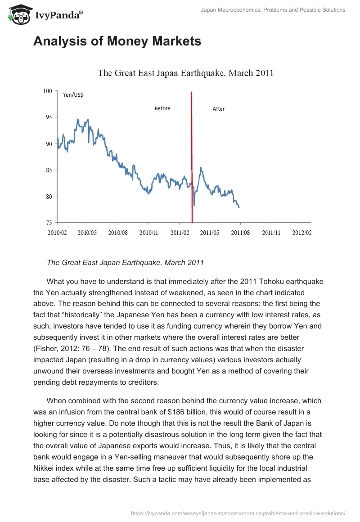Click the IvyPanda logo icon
click(19, 15)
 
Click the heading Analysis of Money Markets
click(117, 41)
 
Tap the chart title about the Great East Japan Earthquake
click(185, 73)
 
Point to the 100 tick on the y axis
click(48, 91)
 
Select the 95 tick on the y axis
click(49, 117)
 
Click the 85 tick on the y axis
click(49, 170)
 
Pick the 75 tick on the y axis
click(49, 223)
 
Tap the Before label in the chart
click(162, 108)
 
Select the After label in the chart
click(219, 109)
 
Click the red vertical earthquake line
click(192, 157)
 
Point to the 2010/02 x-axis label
click(57, 233)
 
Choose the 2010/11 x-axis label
click(149, 233)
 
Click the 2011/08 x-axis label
click(240, 233)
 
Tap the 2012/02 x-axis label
click(302, 233)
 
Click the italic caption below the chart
click(126, 262)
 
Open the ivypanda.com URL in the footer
click(238, 513)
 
